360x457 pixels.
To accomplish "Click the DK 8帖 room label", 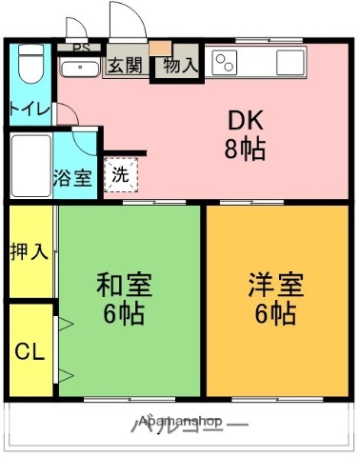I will coord(245,134).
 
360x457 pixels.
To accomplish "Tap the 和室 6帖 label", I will coord(124,298).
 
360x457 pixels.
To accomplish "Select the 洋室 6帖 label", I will coord(276,298).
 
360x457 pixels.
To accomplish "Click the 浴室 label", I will coord(73,177).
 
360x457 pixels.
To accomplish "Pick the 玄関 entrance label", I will coord(124,66).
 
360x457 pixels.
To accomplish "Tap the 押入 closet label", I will coord(29,252).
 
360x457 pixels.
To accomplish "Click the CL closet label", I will coord(29,351).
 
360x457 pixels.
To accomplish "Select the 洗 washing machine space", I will coord(120,174).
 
